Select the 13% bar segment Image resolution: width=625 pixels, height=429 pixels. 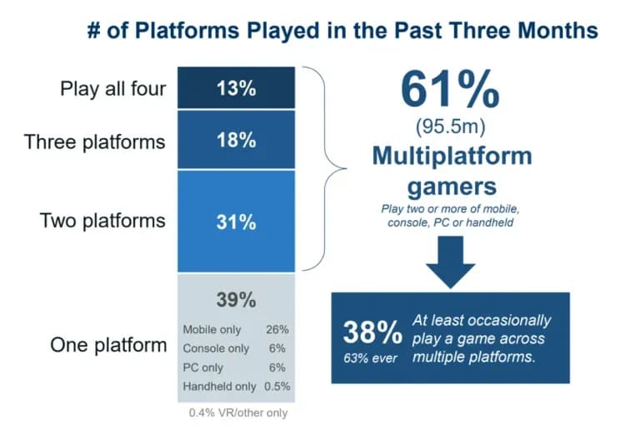(x=236, y=88)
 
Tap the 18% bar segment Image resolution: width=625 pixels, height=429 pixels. (x=236, y=139)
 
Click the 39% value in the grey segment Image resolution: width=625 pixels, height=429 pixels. (x=236, y=299)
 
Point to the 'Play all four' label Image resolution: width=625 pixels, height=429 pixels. (x=113, y=88)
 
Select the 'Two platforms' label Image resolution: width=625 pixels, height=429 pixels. (x=102, y=221)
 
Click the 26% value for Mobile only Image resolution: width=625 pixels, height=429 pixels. (x=277, y=330)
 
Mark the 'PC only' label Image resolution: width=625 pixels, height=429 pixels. (x=203, y=367)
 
